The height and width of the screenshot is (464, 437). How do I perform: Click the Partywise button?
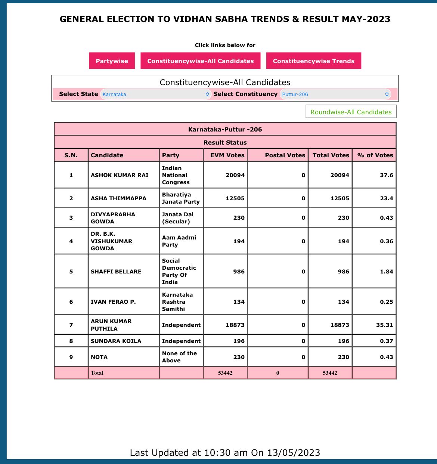tap(112, 61)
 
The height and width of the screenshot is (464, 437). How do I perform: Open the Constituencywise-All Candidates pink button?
tap(201, 61)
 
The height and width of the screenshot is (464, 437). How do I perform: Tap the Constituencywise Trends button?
tap(313, 61)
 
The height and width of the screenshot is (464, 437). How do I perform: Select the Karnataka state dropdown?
tap(156, 94)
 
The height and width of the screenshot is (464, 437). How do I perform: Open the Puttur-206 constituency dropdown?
tap(335, 94)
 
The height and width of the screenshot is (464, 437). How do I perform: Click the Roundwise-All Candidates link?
tap(351, 112)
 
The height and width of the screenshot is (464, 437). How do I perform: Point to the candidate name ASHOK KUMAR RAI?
tap(120, 175)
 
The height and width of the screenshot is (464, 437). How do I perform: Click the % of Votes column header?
tap(375, 155)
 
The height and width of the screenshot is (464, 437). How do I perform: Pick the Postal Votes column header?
tap(285, 155)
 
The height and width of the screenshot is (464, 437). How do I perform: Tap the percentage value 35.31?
tap(384, 325)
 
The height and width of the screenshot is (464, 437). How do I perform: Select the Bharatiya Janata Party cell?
tap(181, 198)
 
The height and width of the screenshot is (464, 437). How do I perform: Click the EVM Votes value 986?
tap(239, 272)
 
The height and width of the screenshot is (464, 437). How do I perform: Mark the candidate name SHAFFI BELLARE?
tap(116, 272)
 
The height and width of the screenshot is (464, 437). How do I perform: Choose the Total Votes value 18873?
tap(340, 325)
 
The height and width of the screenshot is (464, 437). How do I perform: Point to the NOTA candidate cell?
tap(99, 357)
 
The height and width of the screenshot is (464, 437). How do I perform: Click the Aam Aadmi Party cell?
tap(179, 241)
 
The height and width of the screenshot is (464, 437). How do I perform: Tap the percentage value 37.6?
tap(386, 175)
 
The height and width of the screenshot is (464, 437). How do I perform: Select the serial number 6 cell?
tap(71, 302)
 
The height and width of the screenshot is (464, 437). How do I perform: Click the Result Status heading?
tap(225, 142)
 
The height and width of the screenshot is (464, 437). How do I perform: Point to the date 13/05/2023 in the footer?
tap(293, 453)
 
